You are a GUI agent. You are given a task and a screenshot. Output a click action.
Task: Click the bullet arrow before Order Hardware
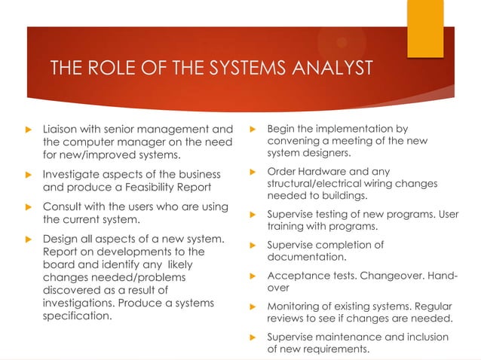point(253,172)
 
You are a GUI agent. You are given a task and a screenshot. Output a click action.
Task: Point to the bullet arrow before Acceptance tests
point(253,276)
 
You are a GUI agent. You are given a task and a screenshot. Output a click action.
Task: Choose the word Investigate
point(74,175)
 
